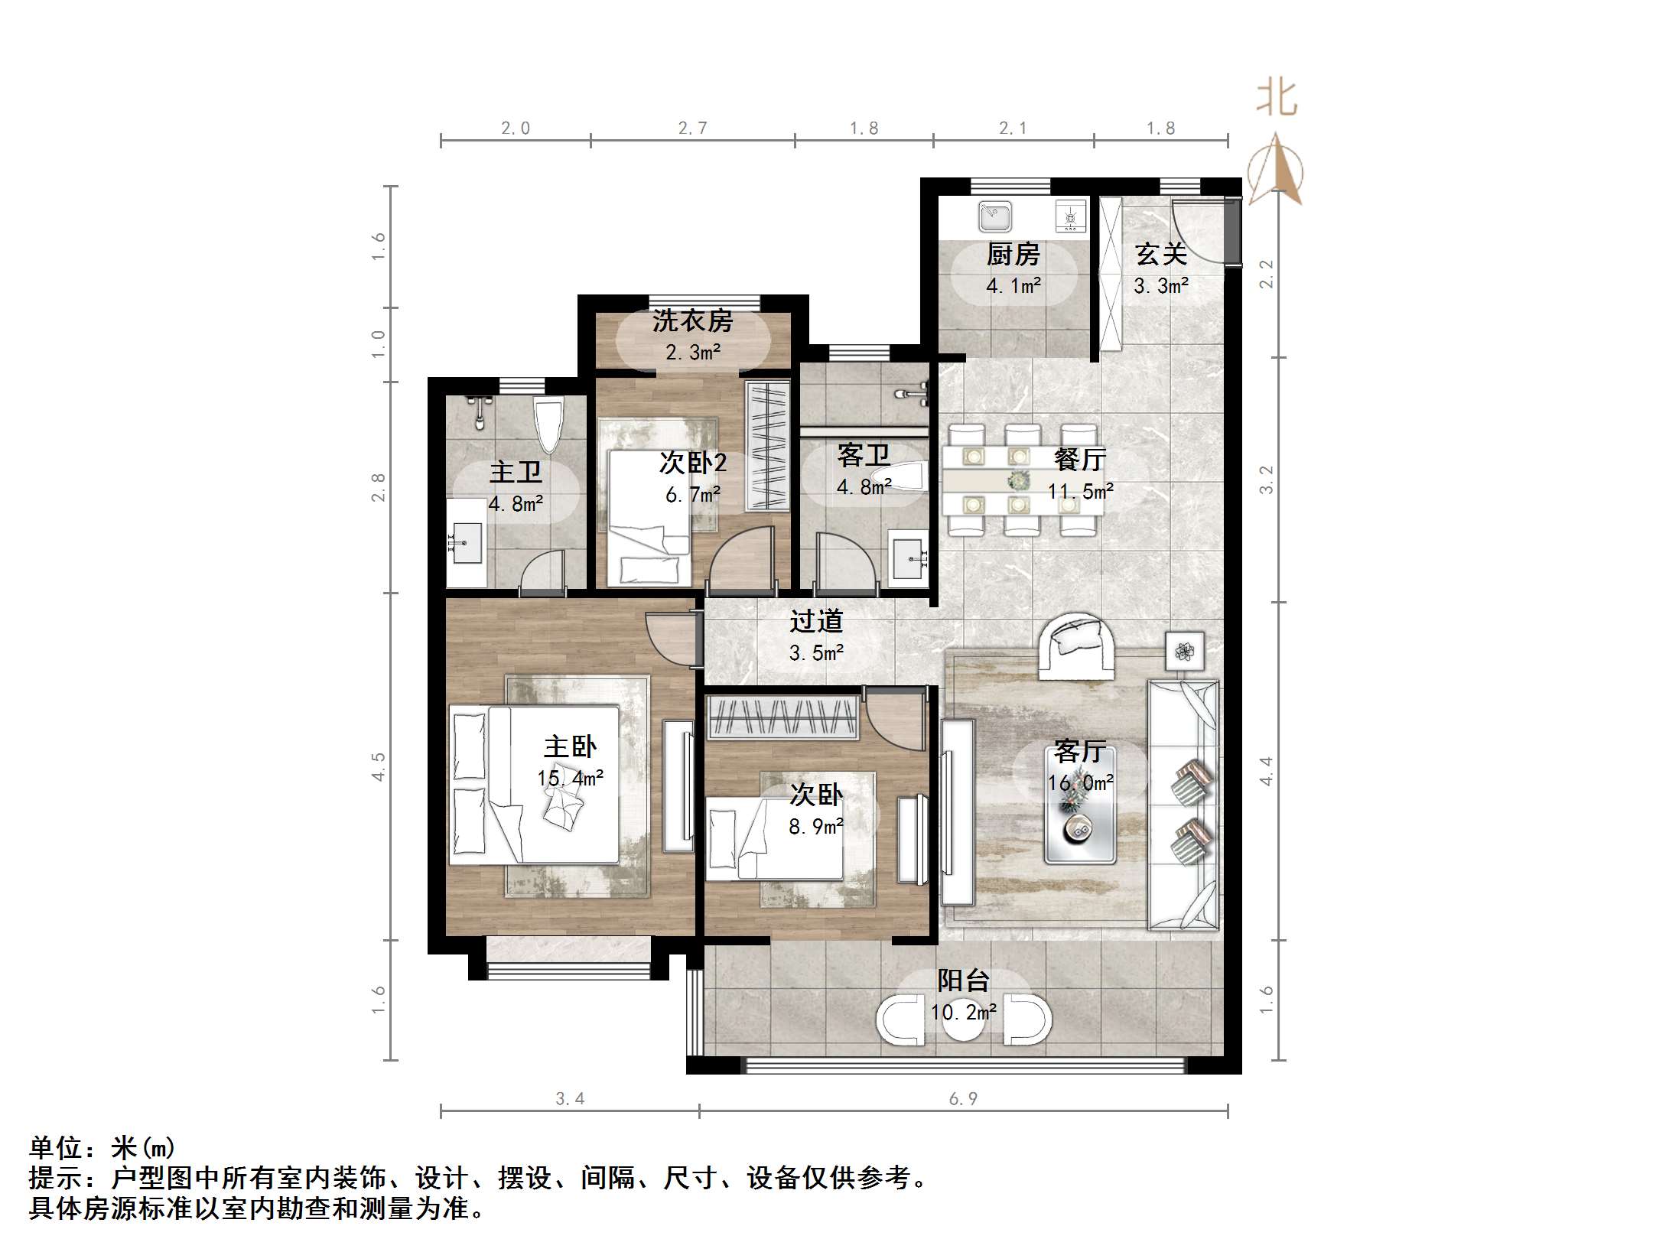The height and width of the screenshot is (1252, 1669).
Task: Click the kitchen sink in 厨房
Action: coord(995,216)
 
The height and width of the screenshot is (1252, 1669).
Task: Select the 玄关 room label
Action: coord(1160,254)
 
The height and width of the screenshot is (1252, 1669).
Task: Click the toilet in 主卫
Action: coord(548,425)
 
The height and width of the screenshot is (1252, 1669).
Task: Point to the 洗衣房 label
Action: coord(692,321)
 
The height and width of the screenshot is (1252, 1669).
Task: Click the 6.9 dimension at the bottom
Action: coord(963,1099)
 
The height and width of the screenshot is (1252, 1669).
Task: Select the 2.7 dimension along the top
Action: coord(692,128)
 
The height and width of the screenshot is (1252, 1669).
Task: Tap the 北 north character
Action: coord(1276,99)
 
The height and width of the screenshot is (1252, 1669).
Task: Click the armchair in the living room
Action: coord(1077,647)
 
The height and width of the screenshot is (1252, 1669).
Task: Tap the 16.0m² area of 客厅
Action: coord(1080,782)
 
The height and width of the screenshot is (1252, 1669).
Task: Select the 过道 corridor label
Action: coord(816,621)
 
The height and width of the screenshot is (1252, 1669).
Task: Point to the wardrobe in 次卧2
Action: coord(767,446)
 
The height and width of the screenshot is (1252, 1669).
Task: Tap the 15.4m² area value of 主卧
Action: coord(570,779)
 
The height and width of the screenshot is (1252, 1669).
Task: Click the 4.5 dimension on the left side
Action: coord(378,766)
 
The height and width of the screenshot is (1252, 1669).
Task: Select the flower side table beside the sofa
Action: coord(1184,651)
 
